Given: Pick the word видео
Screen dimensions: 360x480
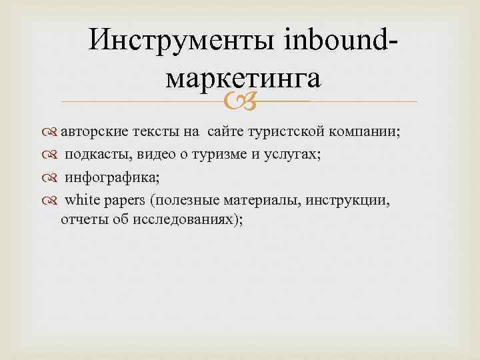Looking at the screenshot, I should click(159, 155).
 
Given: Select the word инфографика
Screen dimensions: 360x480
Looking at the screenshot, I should click(110, 177).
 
